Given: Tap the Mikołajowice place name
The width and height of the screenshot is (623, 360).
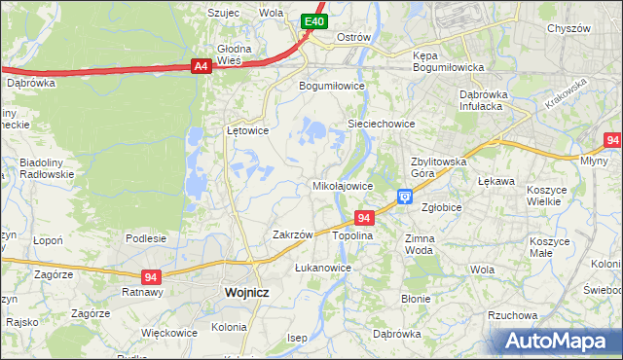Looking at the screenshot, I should point(342,185).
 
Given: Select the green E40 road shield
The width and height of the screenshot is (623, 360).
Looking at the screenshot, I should point(312,21).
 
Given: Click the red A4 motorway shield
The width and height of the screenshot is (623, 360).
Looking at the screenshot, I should point(201,66).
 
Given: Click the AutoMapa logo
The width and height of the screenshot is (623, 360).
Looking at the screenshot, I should point(559,342).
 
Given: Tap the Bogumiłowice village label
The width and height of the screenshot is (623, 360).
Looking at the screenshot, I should point(331,85).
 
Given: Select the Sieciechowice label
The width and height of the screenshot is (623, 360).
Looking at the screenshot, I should point(382,124).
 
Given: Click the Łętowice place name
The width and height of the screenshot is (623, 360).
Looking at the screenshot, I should point(247,129).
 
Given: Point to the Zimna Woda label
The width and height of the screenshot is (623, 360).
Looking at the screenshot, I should point(419,243).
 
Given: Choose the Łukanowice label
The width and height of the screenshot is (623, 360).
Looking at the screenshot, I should point(322,267).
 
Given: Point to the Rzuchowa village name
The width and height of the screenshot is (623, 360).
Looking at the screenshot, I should point(512,315).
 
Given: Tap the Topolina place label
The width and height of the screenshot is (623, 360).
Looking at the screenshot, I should point(352,236).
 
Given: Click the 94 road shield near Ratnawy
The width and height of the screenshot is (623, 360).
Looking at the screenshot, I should point(150,276).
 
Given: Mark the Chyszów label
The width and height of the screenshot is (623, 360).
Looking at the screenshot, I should point(568,29).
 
